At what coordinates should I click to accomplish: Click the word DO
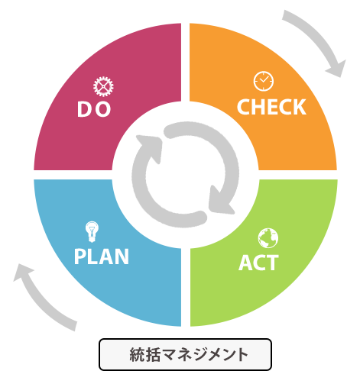coord(94,109)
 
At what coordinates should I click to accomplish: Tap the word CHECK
coord(271,107)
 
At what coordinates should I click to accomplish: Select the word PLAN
coord(102,256)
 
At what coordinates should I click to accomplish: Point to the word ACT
coord(258,263)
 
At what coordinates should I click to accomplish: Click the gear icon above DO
coord(103,86)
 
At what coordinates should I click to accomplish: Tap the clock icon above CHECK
coord(264,81)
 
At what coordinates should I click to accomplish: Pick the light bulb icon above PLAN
coord(92,231)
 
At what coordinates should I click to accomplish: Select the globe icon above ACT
coord(268,238)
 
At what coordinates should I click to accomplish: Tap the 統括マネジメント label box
coord(185,354)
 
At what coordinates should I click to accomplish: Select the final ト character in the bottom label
coord(241,354)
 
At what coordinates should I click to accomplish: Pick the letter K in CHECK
coord(300,107)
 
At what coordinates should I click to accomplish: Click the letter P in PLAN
coord(79,256)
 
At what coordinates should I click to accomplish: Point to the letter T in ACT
coord(272,263)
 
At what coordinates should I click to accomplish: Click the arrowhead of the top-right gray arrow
coord(336,68)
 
